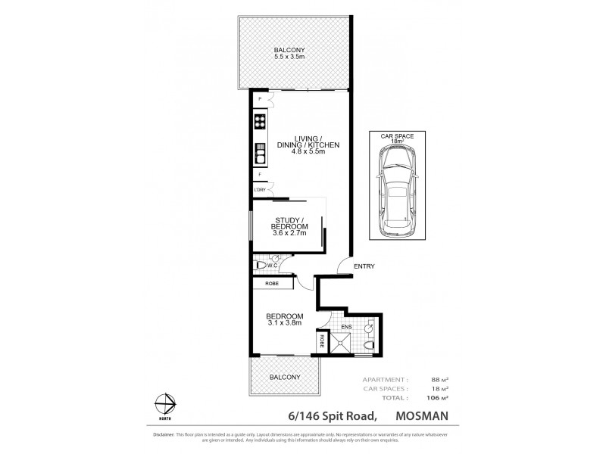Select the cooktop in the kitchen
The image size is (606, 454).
(x=259, y=123)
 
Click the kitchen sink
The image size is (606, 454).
(x=259, y=153)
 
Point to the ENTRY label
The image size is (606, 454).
(x=364, y=266)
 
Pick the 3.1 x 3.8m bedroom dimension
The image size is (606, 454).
(x=285, y=323)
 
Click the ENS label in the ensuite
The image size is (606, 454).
(x=346, y=327)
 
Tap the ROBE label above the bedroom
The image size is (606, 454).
(x=271, y=284)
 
